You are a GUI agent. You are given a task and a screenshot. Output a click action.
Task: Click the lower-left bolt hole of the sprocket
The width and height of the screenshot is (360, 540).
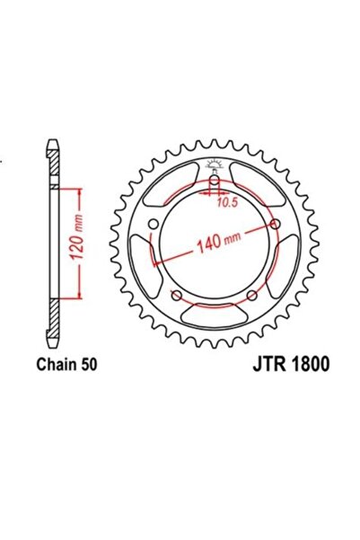point(176,296)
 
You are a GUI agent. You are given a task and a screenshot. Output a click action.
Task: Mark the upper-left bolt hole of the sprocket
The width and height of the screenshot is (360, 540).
point(153,224)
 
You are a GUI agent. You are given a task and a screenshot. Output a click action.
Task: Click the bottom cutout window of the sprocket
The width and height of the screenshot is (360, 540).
point(214,315)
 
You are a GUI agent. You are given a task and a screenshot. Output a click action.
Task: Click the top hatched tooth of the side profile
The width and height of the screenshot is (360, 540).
point(55,162)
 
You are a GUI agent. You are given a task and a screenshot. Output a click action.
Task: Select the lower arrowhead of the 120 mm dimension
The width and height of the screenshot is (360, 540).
point(80,294)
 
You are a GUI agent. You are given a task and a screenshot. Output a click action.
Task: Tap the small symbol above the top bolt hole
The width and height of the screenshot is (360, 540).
point(213,164)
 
